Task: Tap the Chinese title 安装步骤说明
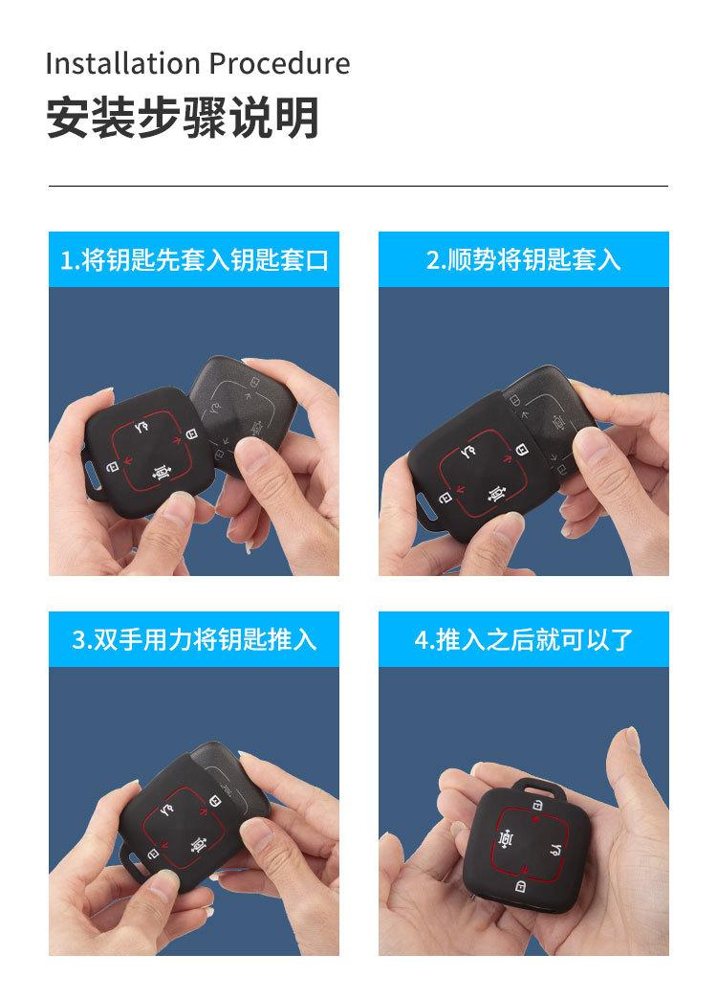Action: point(182,119)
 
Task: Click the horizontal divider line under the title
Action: point(358,186)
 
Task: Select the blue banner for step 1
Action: point(194,259)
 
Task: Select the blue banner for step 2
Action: point(523,259)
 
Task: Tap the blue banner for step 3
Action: point(194,639)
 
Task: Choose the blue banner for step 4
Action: point(523,639)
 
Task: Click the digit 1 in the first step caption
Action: point(66,260)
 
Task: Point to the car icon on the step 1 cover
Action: point(161,470)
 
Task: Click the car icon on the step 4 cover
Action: point(506,838)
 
